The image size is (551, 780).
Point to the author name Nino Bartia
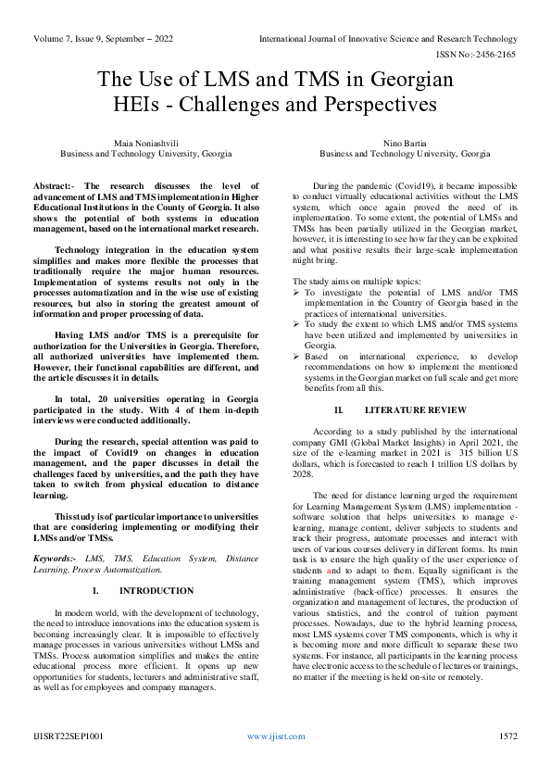click(x=405, y=142)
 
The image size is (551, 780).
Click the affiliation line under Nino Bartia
click(x=405, y=153)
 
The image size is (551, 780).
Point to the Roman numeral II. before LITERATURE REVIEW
click(x=339, y=409)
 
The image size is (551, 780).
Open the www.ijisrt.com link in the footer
click(x=275, y=736)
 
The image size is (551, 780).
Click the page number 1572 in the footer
click(x=507, y=736)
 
